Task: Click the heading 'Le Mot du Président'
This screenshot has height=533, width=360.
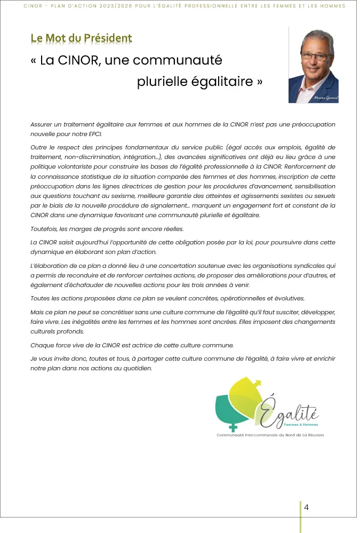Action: click(x=81, y=38)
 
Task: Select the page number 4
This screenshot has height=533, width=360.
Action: click(x=306, y=507)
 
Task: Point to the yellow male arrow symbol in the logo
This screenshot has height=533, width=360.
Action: click(x=257, y=381)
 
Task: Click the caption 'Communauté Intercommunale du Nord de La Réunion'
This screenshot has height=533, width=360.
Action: click(x=270, y=435)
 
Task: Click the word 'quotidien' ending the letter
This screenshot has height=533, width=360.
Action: click(x=136, y=368)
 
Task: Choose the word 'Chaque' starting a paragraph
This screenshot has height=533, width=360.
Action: click(x=42, y=345)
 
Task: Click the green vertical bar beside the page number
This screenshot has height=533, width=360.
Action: click(x=300, y=516)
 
